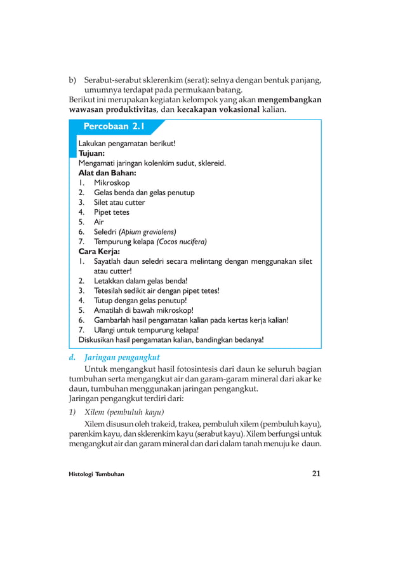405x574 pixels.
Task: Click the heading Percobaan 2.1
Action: [114, 126]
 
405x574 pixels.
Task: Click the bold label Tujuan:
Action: [92, 153]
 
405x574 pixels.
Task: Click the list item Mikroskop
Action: [112, 182]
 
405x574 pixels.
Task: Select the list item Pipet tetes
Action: [111, 212]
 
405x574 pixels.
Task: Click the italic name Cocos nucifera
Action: [182, 242]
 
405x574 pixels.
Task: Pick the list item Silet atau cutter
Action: [119, 202]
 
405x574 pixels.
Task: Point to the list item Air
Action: [99, 222]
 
